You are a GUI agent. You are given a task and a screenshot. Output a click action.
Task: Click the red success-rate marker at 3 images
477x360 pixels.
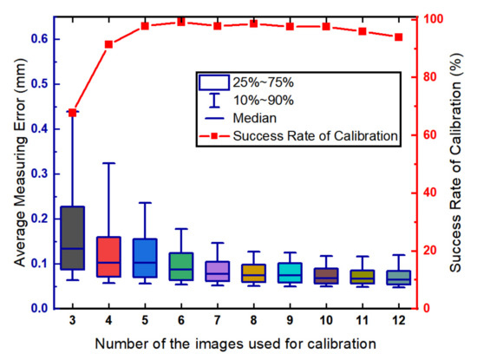72,113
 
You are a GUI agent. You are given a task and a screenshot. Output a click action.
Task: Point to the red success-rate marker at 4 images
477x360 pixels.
108,44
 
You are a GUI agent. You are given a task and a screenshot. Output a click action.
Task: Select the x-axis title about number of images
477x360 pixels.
235,344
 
